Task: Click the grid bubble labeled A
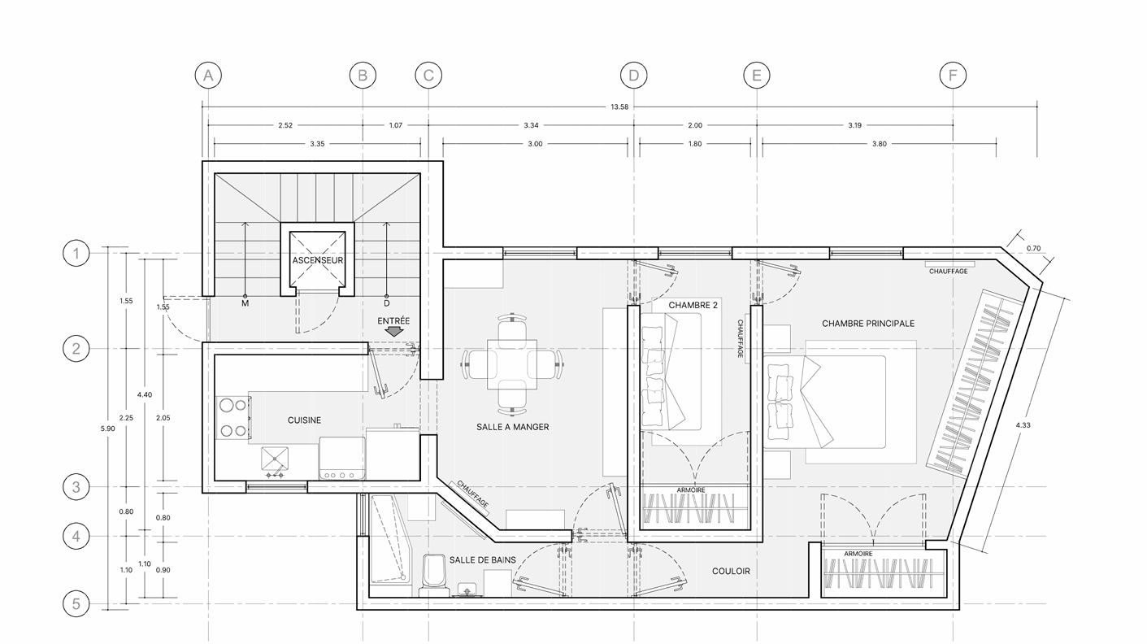pos(208,76)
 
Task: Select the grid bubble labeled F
pos(953,76)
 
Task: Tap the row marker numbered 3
pos(76,487)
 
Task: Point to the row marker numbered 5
pos(76,603)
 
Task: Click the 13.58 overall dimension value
pos(619,107)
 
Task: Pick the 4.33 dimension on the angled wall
pos(1023,424)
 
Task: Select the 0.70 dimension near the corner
pos(1033,249)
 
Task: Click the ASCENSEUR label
pos(318,260)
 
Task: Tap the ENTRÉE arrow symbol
pos(393,332)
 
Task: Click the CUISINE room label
pos(304,420)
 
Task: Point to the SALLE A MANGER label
pos(513,427)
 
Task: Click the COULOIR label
pos(731,572)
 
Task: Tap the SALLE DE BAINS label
pos(482,560)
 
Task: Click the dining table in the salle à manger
pos(512,364)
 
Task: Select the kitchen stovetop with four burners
pos(233,418)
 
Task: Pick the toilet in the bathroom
pos(434,576)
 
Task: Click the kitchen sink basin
pos(275,459)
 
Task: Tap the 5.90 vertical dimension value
pos(107,429)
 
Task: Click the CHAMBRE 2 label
pos(693,306)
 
